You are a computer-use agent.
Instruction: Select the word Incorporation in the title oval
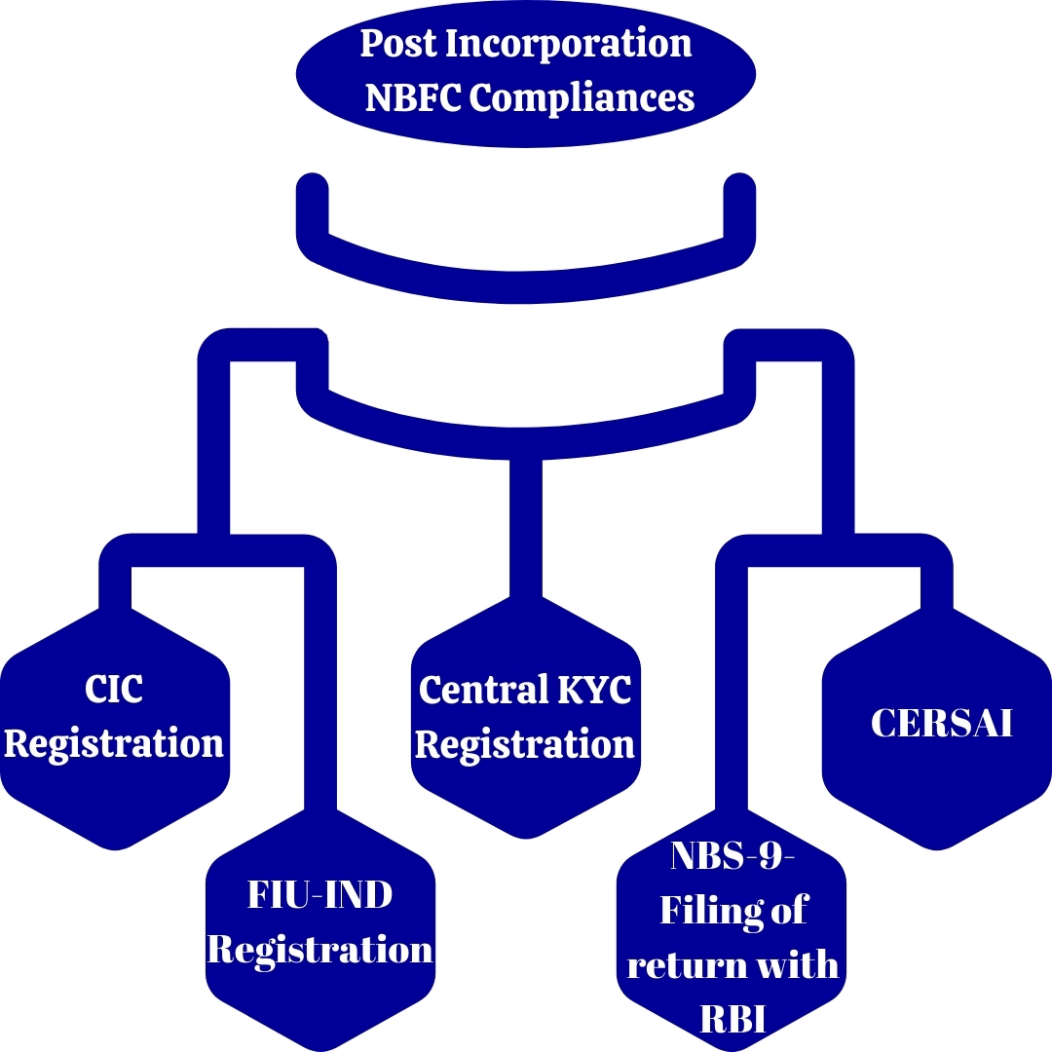(569, 45)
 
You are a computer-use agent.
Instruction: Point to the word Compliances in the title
(582, 97)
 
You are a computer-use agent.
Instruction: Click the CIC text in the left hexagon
(114, 690)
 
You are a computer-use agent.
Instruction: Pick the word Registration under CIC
(114, 743)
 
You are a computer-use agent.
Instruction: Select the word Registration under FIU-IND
(319, 949)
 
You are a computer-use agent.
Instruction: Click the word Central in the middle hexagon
(469, 690)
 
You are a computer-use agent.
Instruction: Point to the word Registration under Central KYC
(525, 745)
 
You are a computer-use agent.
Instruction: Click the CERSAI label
(941, 723)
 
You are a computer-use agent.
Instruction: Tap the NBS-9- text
(733, 858)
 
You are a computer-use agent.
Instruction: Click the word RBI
(733, 1019)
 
